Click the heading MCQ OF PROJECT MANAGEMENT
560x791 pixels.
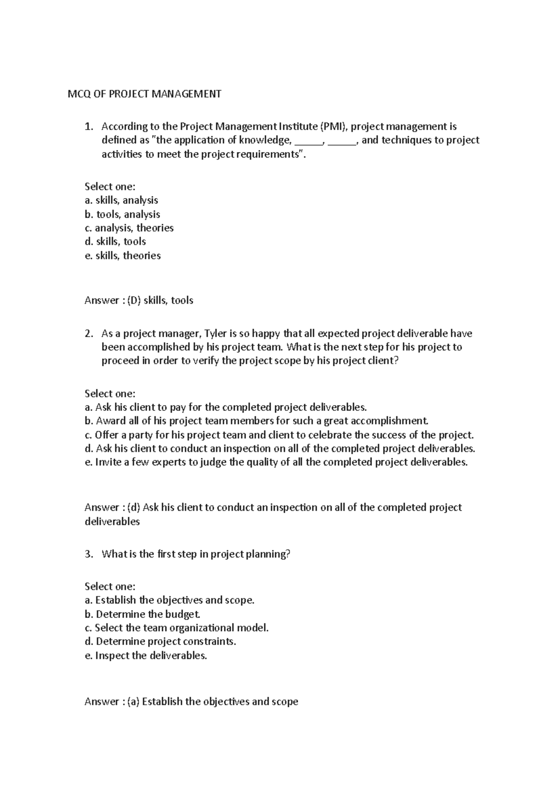(x=144, y=94)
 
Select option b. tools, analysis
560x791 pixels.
(x=122, y=215)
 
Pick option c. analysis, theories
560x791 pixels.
(x=129, y=228)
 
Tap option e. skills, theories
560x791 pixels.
(x=122, y=256)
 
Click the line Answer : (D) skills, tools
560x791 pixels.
(x=139, y=300)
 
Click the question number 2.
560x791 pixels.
(x=89, y=333)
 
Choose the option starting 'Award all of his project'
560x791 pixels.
(x=256, y=421)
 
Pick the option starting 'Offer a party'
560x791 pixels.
(x=279, y=435)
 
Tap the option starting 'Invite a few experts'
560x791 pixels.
(x=276, y=463)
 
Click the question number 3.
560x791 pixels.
(x=89, y=554)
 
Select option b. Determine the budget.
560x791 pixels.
(x=143, y=614)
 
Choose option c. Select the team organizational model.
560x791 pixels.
(x=177, y=628)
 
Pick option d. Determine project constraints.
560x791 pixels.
(x=161, y=642)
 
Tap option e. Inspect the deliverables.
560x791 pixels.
(x=146, y=656)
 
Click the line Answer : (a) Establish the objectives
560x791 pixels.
(x=191, y=701)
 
